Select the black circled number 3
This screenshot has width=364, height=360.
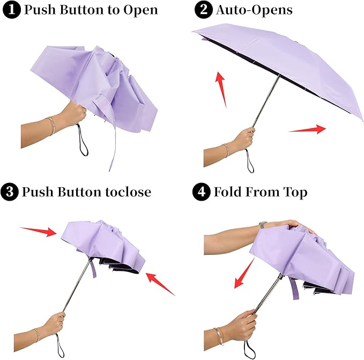[x=10, y=192]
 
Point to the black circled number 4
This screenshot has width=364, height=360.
[x=203, y=192]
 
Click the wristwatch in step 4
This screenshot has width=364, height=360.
[x=262, y=224]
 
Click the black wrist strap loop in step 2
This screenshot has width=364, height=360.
[x=250, y=162]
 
